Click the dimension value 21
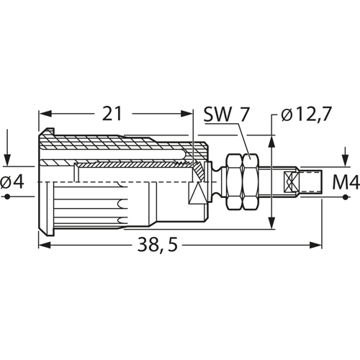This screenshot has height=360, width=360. point(112,114)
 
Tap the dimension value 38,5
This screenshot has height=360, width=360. point(158,246)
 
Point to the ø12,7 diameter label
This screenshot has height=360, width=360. point(306,114)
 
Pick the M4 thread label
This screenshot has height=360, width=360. point(346,182)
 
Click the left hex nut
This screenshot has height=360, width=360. point(235,182)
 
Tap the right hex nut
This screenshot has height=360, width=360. point(251,182)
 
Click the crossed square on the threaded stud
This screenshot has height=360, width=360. point(291,182)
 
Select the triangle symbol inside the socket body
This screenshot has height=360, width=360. point(197,193)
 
